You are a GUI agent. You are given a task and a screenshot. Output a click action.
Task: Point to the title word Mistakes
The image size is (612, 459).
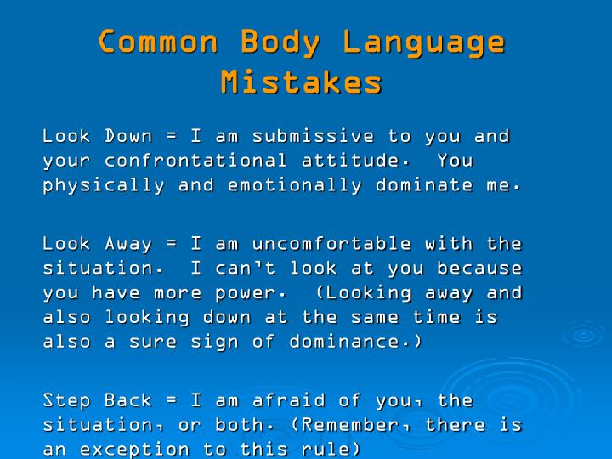[x=302, y=82]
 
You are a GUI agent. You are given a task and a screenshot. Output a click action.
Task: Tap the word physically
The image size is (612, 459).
[x=105, y=185]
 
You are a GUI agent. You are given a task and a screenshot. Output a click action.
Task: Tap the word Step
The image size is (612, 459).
[x=68, y=400]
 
